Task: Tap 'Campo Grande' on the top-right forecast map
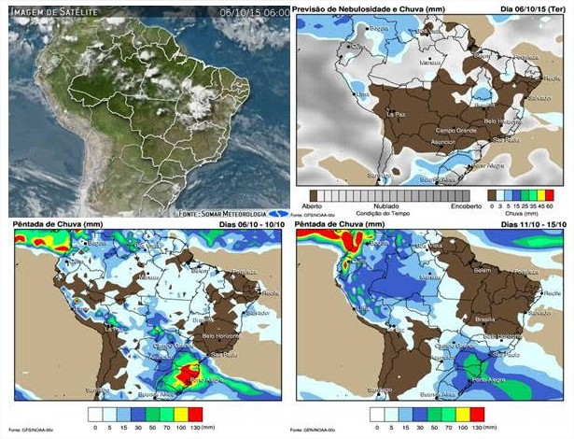tap(456, 128)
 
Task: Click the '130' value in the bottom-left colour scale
tap(195, 428)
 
